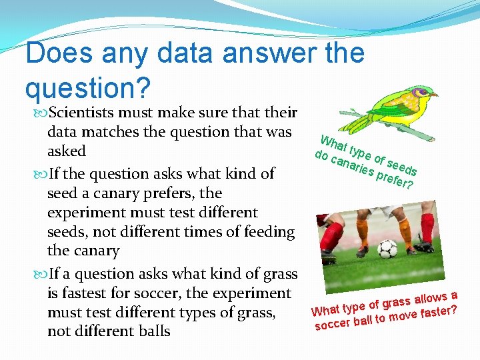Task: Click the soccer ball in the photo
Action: [387, 249]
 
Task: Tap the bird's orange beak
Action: [435, 95]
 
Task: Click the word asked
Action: [66, 151]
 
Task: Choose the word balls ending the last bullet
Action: [150, 331]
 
